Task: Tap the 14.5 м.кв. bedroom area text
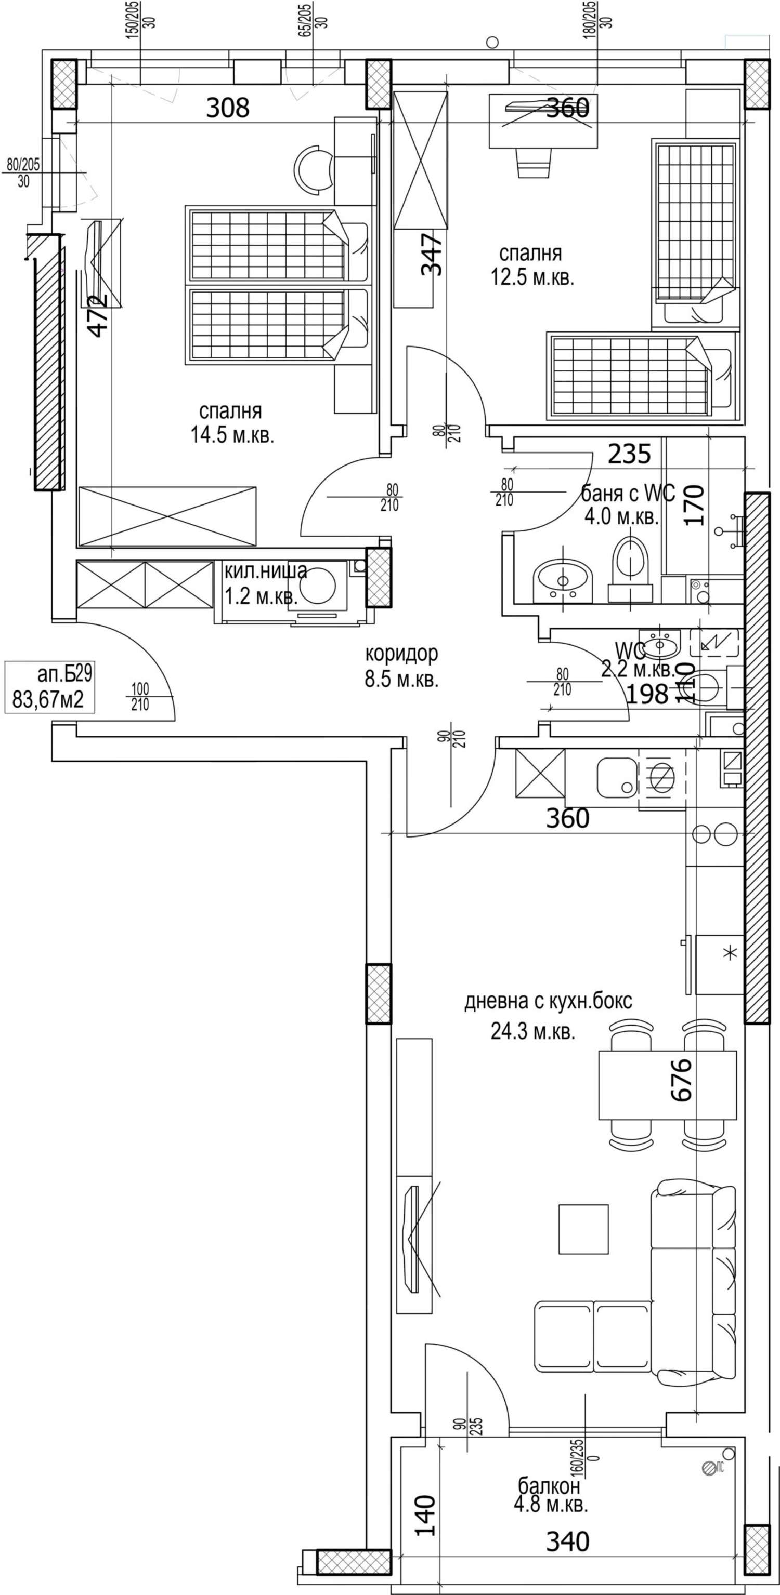[x=232, y=435]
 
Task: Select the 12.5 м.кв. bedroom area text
[x=533, y=277]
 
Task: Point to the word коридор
[x=401, y=653]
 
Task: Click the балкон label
[x=549, y=1485]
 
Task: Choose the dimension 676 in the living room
[x=680, y=1080]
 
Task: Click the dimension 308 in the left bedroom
[x=227, y=108]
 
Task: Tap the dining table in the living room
[x=667, y=1085]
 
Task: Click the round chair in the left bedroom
[x=314, y=168]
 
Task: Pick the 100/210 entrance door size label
[x=140, y=696]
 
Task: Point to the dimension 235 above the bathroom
[x=629, y=454]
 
